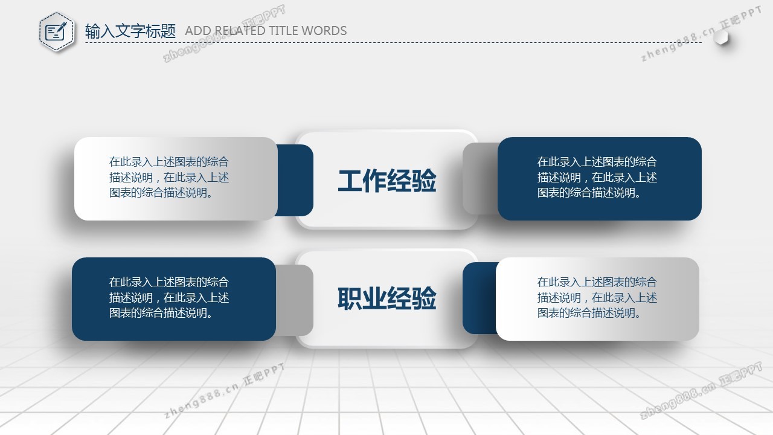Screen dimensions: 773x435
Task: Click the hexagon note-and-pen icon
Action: [x=57, y=32]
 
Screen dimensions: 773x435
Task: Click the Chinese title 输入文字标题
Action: [x=130, y=31]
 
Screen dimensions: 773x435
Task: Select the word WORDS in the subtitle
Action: [x=324, y=31]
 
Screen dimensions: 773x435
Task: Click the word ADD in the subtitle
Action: [x=198, y=31]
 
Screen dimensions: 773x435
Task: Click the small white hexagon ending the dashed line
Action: [x=721, y=37]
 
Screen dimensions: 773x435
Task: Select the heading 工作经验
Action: [x=387, y=180]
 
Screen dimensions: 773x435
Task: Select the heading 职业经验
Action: [x=387, y=298]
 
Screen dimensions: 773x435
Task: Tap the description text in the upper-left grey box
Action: [x=169, y=177]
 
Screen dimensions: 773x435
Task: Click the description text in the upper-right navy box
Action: [x=597, y=177]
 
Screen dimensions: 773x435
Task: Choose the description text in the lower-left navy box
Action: [x=169, y=298]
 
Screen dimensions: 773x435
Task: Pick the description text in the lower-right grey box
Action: [x=597, y=298]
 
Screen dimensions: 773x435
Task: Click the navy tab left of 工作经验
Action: [x=295, y=180]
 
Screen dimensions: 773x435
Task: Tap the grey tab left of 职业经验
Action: [x=295, y=300]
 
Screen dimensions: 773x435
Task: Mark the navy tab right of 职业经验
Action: [x=480, y=298]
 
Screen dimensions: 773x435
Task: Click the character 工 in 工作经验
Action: [x=350, y=180]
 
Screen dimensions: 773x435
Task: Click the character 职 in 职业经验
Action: [x=350, y=298]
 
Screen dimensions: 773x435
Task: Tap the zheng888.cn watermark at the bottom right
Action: [x=701, y=391]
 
